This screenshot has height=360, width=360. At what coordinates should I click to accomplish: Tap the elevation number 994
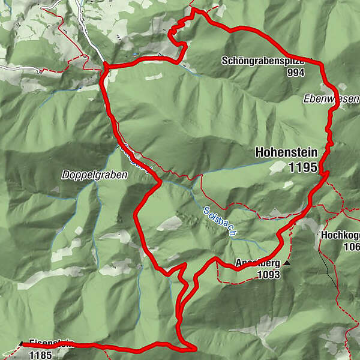coord(296,73)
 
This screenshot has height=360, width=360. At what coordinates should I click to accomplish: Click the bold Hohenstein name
coord(285,152)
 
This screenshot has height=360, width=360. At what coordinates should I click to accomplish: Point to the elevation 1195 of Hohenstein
coord(302,168)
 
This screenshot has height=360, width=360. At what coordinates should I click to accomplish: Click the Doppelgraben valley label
coord(86,175)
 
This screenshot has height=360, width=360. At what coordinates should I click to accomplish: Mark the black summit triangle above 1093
coord(287,263)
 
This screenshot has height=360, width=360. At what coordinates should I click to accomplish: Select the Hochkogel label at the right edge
coord(340,236)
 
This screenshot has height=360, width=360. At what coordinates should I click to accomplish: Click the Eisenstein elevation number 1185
coord(41,355)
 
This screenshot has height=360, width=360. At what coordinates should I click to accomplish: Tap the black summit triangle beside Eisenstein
coord(22,344)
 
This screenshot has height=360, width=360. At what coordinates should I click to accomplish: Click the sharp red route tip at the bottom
coord(196,347)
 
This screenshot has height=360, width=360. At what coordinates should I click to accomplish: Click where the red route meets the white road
coord(104,64)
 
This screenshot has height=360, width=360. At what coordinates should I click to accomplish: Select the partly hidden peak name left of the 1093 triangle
coord(248,262)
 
